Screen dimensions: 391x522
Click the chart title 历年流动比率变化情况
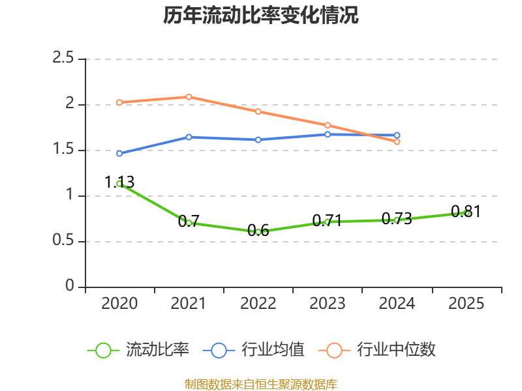(261, 16)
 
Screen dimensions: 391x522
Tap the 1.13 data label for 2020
(119, 182)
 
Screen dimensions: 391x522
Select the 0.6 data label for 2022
(258, 231)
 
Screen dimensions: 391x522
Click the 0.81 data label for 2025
(466, 211)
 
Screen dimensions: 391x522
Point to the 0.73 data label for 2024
(397, 219)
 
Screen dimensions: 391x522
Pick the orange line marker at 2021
(189, 97)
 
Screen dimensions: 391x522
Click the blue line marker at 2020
(119, 154)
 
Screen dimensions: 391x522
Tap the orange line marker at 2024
(397, 141)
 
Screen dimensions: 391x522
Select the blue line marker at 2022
(258, 139)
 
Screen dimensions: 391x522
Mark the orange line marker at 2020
(119, 102)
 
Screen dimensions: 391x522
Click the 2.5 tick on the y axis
(64, 59)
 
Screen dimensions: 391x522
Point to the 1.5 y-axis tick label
(64, 150)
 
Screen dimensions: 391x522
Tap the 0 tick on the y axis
(70, 287)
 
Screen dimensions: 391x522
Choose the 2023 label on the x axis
(328, 304)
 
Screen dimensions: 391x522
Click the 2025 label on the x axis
(466, 304)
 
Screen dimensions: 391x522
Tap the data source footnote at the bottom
(261, 384)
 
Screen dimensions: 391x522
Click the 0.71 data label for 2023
(328, 220)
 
